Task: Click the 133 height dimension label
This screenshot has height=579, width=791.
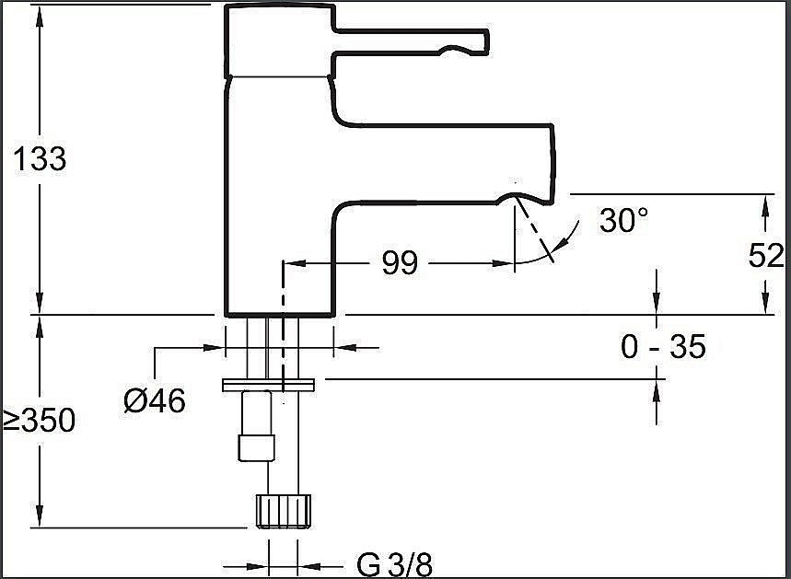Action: (x=40, y=158)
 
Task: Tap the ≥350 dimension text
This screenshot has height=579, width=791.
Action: (x=39, y=420)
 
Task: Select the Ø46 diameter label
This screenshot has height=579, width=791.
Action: (x=155, y=401)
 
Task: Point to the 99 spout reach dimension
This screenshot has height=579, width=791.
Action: (x=400, y=262)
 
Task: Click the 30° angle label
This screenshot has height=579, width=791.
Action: (x=623, y=220)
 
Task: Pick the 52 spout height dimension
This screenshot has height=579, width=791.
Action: (x=766, y=255)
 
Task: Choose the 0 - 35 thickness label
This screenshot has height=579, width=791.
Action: (x=663, y=347)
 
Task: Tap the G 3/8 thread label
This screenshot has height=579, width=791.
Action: (x=395, y=564)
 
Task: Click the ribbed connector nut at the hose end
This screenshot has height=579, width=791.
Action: (x=284, y=512)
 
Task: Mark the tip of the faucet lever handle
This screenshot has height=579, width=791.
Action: (x=487, y=41)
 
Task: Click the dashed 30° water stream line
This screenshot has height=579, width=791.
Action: (x=534, y=229)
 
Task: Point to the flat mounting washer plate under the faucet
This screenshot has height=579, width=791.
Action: (x=268, y=385)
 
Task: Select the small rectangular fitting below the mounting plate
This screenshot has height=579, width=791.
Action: (x=257, y=448)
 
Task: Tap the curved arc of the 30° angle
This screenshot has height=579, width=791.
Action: (x=555, y=248)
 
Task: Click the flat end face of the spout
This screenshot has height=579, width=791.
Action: (x=553, y=164)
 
